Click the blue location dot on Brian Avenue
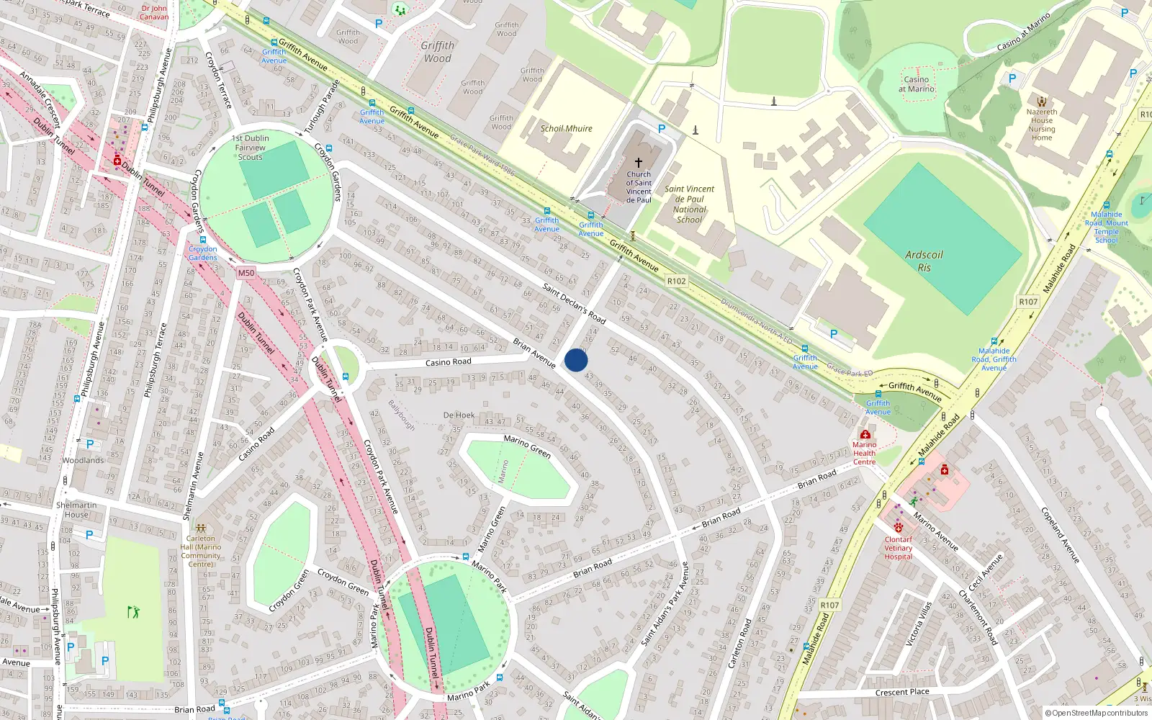(x=576, y=360)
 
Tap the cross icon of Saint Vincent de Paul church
(x=638, y=163)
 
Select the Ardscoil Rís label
(x=924, y=261)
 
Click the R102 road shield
(x=676, y=281)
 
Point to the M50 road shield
(x=246, y=273)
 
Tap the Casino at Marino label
(x=916, y=84)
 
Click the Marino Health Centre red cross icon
(x=865, y=434)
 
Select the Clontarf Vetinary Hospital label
(x=898, y=548)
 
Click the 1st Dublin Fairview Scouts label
(x=250, y=148)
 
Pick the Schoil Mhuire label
(x=566, y=128)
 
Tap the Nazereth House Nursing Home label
(x=1041, y=125)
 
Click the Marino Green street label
(x=527, y=446)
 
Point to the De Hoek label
(x=459, y=415)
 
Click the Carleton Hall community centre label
(x=201, y=551)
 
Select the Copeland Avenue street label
(x=1060, y=534)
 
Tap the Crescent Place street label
(x=901, y=692)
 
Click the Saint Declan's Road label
(x=574, y=302)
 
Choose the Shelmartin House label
(x=76, y=510)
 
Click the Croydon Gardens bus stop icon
(x=203, y=240)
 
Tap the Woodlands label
(x=83, y=460)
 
